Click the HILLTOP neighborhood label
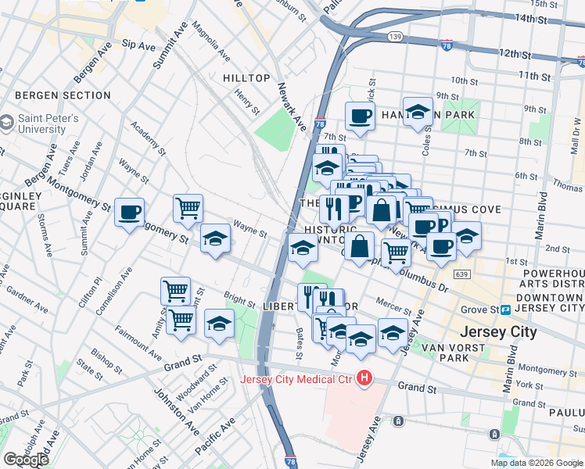[246, 78]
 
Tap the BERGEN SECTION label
[63, 95]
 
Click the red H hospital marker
[364, 380]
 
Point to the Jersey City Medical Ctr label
[296, 380]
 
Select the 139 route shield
[397, 37]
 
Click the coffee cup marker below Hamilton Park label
[360, 116]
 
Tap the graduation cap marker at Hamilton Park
[418, 111]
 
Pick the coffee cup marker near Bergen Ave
[129, 211]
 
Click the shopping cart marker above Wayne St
[188, 208]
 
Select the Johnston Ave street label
[186, 411]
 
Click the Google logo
[27, 459]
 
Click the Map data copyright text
[536, 463]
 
